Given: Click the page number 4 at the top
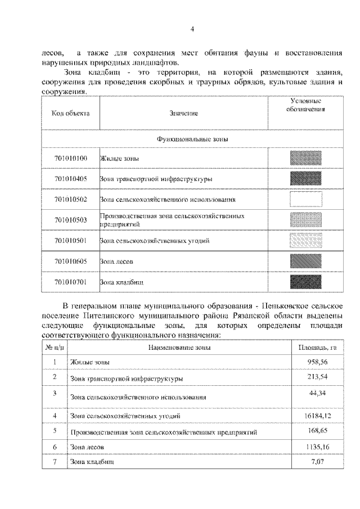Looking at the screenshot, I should (x=192, y=29).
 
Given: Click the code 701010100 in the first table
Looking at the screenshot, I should (x=71, y=159).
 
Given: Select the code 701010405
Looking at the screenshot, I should (x=71, y=179).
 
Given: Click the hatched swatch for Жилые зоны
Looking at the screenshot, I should (x=305, y=158).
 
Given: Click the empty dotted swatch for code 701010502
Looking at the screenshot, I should (x=305, y=199).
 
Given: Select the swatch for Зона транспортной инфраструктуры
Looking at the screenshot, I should (x=305, y=179).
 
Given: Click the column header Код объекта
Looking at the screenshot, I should (x=71, y=113).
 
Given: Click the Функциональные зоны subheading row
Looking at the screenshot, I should (x=192, y=138).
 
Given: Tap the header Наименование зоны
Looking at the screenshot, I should (x=179, y=347).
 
